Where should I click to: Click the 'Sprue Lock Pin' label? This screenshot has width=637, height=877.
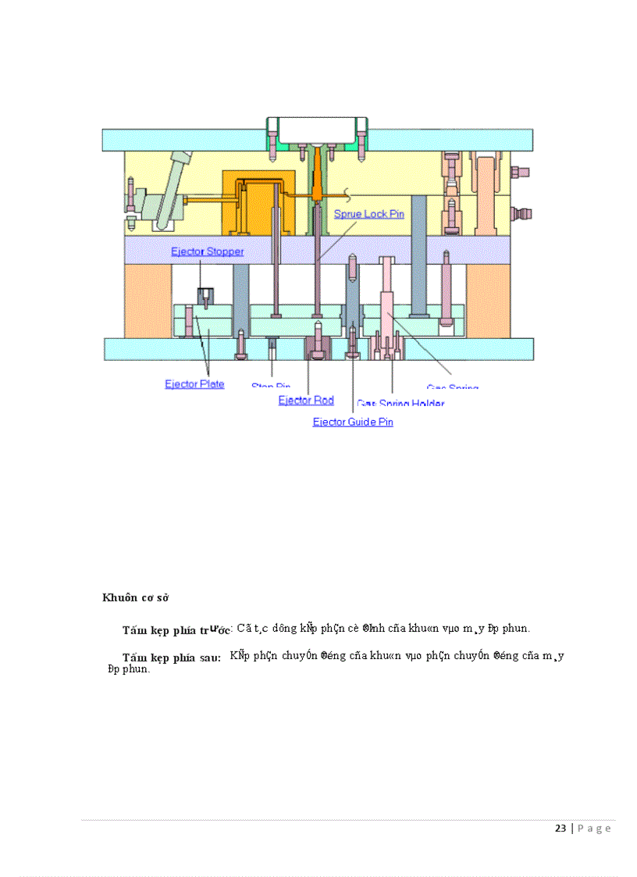(368, 214)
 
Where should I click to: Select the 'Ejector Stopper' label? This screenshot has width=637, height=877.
(208, 251)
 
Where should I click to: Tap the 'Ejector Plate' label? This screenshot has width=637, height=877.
(194, 383)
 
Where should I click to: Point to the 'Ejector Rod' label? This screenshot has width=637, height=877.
(306, 400)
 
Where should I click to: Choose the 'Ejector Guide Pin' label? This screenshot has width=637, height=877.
(353, 422)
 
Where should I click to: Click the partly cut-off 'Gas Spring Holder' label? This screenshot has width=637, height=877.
(400, 403)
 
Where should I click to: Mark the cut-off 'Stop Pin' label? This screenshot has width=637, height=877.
(271, 386)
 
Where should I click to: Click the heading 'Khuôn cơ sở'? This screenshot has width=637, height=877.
(137, 597)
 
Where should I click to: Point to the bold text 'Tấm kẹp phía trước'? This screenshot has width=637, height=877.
(176, 629)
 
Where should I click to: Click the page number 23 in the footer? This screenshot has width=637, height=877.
(560, 829)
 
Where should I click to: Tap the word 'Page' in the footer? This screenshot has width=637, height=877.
(594, 829)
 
